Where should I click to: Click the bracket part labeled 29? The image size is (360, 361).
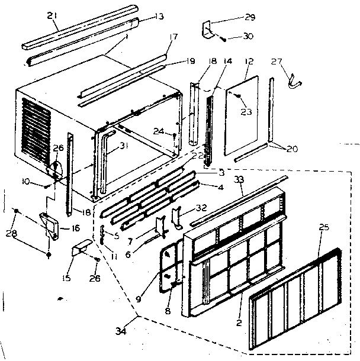[x=208, y=29]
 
